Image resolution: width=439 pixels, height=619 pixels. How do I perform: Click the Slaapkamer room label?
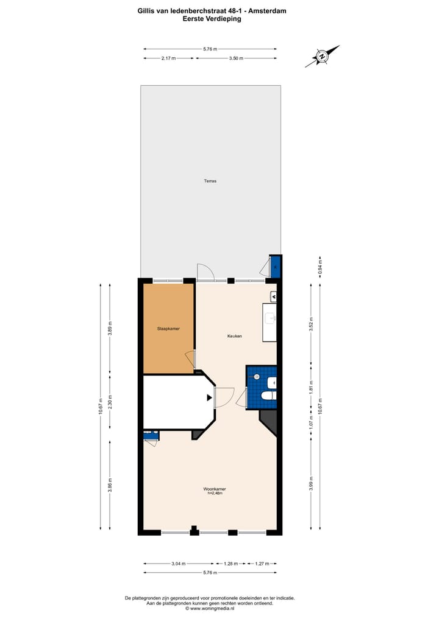[168, 329]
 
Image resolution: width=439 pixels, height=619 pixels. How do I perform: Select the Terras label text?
[210, 181]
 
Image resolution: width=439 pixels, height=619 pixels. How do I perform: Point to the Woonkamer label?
[210, 488]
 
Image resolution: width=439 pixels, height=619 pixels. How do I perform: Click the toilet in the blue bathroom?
[267, 395]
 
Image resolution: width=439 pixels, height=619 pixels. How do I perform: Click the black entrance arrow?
[210, 397]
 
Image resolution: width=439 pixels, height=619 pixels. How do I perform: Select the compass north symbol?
[323, 57]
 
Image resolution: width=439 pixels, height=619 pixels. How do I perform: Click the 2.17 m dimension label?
[169, 58]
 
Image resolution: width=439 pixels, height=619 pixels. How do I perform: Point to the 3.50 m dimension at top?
[236, 58]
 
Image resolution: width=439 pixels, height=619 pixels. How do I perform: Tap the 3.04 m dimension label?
[179, 564]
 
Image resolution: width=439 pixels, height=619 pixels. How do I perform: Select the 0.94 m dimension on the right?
[320, 267]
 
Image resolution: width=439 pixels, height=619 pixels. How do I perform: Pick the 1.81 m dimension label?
[311, 388]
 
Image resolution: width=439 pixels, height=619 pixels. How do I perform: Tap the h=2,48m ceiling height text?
[210, 493]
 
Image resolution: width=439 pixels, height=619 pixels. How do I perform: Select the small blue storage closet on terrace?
[275, 266]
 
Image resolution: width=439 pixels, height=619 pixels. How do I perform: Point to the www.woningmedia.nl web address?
[212, 608]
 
